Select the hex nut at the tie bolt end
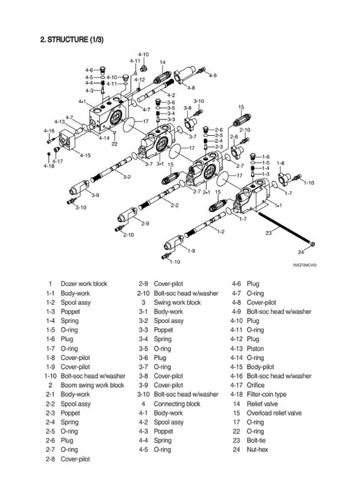[x=312, y=243]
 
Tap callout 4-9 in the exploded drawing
[x=213, y=75]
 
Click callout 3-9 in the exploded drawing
[x=95, y=195]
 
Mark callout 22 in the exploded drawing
[x=114, y=143]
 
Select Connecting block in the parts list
[x=178, y=403]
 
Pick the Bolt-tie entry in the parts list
[x=259, y=440]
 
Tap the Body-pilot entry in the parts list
[x=261, y=367]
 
